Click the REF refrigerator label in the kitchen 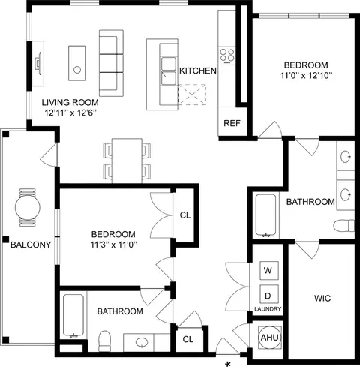(x=232, y=123)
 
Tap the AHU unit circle (x=270, y=338)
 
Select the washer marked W (x=269, y=270)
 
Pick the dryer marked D (x=269, y=295)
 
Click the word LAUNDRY (x=268, y=309)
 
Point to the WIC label (x=322, y=298)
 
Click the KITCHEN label (x=198, y=71)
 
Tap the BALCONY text (x=31, y=245)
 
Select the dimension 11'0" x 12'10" (x=306, y=75)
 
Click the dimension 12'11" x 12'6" (x=70, y=113)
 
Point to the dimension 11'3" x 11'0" (x=113, y=245)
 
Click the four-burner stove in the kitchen (x=227, y=55)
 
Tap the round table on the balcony (x=28, y=207)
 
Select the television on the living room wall (x=38, y=63)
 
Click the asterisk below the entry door (x=228, y=364)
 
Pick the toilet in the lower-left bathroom (x=104, y=341)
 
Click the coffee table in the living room (x=77, y=63)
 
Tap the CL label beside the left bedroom (x=185, y=215)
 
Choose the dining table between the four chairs (x=127, y=161)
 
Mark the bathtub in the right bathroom (x=265, y=215)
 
